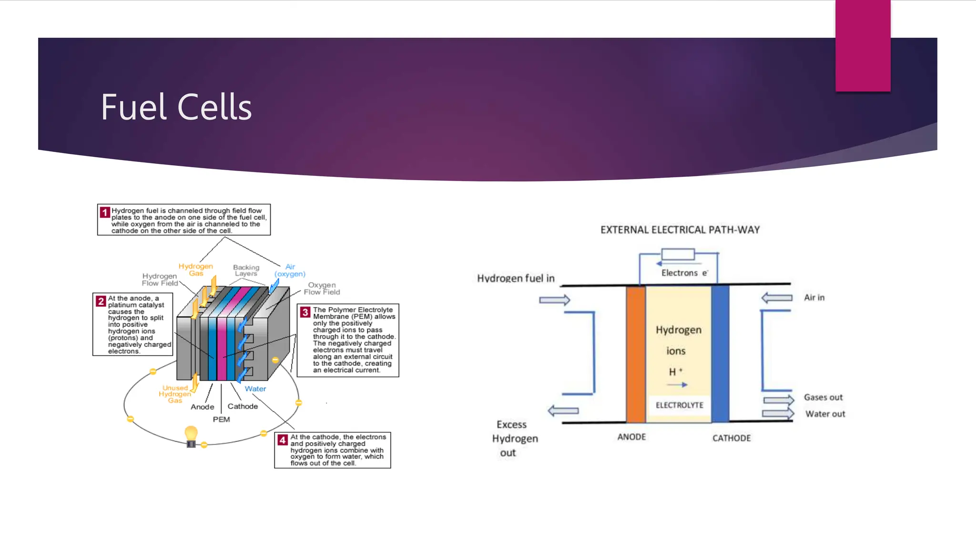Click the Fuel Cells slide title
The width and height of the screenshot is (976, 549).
click(x=176, y=107)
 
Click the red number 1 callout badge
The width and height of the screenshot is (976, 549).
click(x=104, y=212)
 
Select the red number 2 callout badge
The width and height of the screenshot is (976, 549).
click(x=101, y=301)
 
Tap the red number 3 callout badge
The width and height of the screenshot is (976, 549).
click(x=305, y=312)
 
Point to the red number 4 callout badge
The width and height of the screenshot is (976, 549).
click(x=283, y=439)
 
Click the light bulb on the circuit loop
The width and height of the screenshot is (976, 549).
click(x=191, y=435)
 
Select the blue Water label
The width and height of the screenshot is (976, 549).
click(x=255, y=389)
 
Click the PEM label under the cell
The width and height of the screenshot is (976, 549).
click(x=221, y=419)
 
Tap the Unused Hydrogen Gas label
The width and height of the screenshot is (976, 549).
click(x=175, y=394)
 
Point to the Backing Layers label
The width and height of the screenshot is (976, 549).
click(x=246, y=270)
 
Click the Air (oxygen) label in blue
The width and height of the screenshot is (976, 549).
click(x=290, y=270)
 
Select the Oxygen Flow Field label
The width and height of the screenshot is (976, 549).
click(x=322, y=288)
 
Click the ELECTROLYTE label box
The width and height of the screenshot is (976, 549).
click(x=679, y=405)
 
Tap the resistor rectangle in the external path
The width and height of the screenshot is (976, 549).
click(x=678, y=254)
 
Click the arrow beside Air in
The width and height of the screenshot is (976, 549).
click(x=777, y=298)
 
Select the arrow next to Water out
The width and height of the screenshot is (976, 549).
click(x=778, y=413)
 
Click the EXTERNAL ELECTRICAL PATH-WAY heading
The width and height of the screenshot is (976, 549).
click(x=680, y=230)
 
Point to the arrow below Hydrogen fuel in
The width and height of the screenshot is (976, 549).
click(x=555, y=300)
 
